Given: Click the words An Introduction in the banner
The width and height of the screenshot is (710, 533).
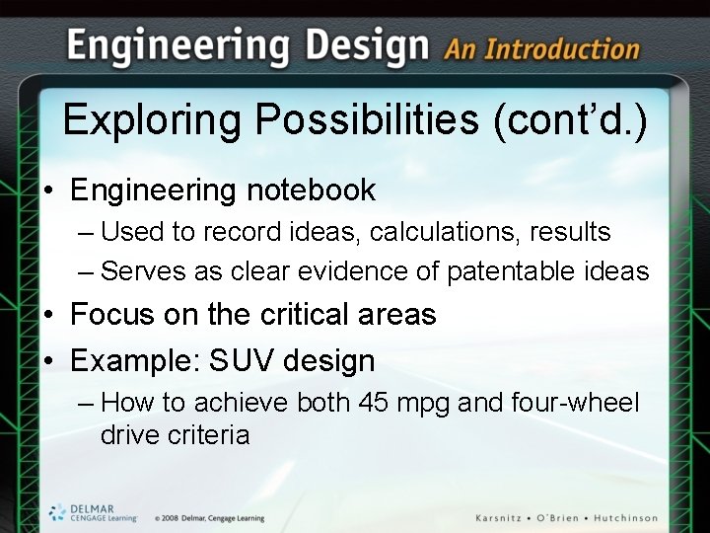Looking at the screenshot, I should pyautogui.click(x=541, y=49).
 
